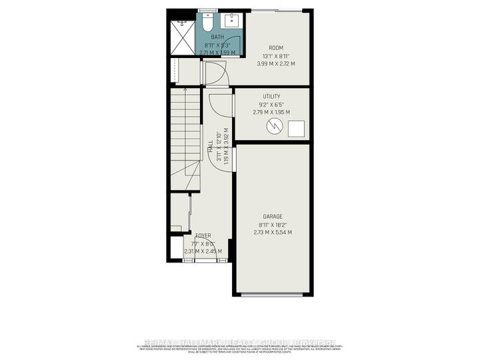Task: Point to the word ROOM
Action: (276, 47)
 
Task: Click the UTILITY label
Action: (271, 97)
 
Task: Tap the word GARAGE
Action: (273, 217)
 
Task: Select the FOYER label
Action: (204, 236)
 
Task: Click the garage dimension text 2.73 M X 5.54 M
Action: (273, 232)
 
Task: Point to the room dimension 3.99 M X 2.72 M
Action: (276, 63)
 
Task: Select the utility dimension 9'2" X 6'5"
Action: (271, 105)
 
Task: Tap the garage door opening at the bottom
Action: (273, 294)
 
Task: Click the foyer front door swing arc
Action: (204, 257)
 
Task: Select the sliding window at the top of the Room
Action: (276, 10)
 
